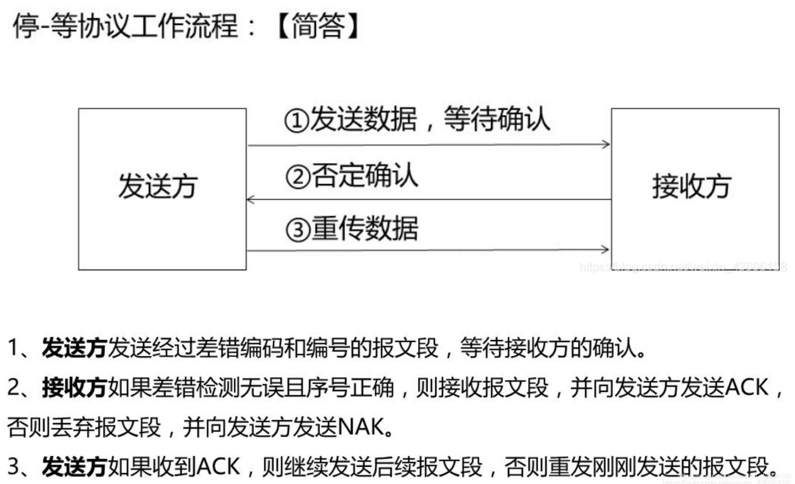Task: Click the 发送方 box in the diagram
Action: [x=162, y=189]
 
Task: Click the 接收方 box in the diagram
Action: [x=695, y=189]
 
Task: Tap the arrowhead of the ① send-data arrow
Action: [x=606, y=144]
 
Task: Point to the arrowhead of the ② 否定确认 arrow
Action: [x=250, y=200]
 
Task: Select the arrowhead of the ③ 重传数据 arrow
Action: [x=605, y=249]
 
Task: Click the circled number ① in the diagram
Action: [x=297, y=121]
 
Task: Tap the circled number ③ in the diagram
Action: [x=298, y=230]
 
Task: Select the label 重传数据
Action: [x=365, y=228]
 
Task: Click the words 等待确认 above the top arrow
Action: [x=497, y=119]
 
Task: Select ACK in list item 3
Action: [x=218, y=466]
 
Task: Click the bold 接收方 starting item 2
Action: [x=75, y=388]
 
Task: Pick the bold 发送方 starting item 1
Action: [x=75, y=347]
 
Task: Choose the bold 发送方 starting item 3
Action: [x=75, y=467]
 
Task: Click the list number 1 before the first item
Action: [x=13, y=347]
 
